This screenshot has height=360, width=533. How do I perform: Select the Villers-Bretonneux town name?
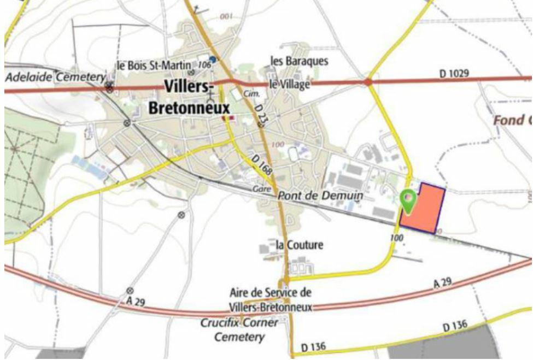click(189, 97)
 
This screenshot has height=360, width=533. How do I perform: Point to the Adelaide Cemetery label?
click(54, 77)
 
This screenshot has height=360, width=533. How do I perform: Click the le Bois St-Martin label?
click(154, 66)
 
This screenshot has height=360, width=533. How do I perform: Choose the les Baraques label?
click(300, 61)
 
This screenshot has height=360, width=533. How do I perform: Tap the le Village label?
click(289, 84)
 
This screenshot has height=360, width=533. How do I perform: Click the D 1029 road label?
click(454, 73)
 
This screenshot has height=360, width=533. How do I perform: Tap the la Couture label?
click(299, 245)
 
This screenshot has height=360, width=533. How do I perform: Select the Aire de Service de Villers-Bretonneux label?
click(271, 300)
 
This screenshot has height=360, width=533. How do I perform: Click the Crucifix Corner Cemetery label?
click(239, 330)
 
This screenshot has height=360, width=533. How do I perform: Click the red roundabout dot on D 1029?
click(368, 82)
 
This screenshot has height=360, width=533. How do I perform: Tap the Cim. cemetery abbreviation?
click(251, 94)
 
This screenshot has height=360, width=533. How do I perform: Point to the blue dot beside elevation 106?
click(213, 59)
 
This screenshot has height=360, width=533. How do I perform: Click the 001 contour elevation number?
click(226, 17)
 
